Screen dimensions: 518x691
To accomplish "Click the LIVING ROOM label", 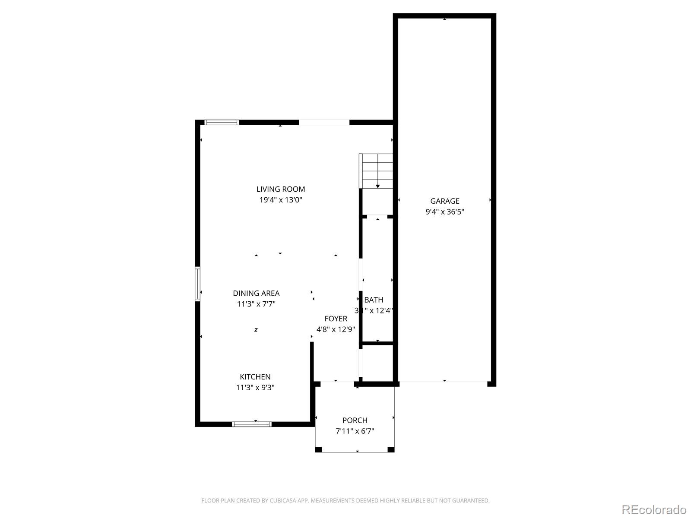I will [x=281, y=189].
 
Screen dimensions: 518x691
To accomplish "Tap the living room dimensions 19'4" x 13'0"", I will [x=281, y=200].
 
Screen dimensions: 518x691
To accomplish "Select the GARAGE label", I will [x=445, y=201].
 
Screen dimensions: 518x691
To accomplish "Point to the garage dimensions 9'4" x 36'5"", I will [x=445, y=212].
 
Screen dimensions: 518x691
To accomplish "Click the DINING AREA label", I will [x=256, y=293].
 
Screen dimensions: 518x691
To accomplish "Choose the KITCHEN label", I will [x=255, y=377].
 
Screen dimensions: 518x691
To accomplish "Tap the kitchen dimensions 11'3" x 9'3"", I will [x=255, y=388].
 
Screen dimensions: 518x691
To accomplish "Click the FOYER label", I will [x=336, y=319].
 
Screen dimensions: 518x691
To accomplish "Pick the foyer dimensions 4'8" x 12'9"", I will [x=336, y=329].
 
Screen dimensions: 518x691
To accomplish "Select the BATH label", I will [x=374, y=300].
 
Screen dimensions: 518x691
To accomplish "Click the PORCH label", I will [x=355, y=420].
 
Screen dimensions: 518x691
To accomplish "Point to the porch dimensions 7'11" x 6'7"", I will [x=355, y=431].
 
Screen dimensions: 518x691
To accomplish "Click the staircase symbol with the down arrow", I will [x=377, y=171].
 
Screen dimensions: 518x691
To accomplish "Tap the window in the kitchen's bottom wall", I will [x=252, y=424].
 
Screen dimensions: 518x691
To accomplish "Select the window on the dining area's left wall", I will [x=198, y=284].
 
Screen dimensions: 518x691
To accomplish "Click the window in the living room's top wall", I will [x=222, y=123].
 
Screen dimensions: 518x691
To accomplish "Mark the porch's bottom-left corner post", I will [x=318, y=449].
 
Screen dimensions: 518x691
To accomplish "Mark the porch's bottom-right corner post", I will [x=391, y=449].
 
